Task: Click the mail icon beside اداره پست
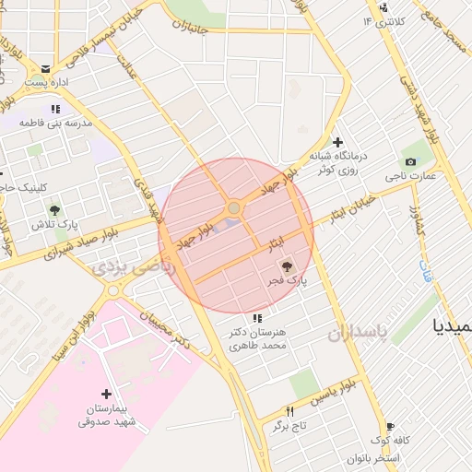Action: [x=45, y=68]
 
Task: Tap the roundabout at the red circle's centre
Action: [x=234, y=209]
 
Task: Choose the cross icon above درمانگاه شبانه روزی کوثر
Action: [x=338, y=142]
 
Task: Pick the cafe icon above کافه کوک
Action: [x=391, y=427]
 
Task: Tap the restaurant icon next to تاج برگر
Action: [x=289, y=411]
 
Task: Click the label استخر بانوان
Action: [x=373, y=458]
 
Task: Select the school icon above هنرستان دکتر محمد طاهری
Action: [x=256, y=318]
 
